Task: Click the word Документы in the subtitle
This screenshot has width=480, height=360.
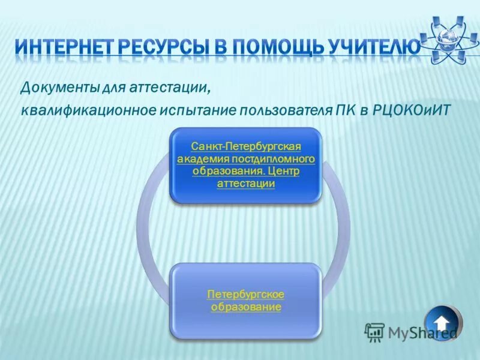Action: pyautogui.click(x=56, y=88)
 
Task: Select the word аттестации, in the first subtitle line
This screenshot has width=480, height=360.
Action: pyautogui.click(x=174, y=88)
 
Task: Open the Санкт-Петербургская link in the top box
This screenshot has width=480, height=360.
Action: pyautogui.click(x=246, y=147)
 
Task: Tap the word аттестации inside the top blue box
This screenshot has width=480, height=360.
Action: pyautogui.click(x=246, y=184)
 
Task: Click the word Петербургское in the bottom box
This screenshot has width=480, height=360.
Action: pyautogui.click(x=246, y=295)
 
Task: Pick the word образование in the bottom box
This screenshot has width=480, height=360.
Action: pyautogui.click(x=246, y=307)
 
